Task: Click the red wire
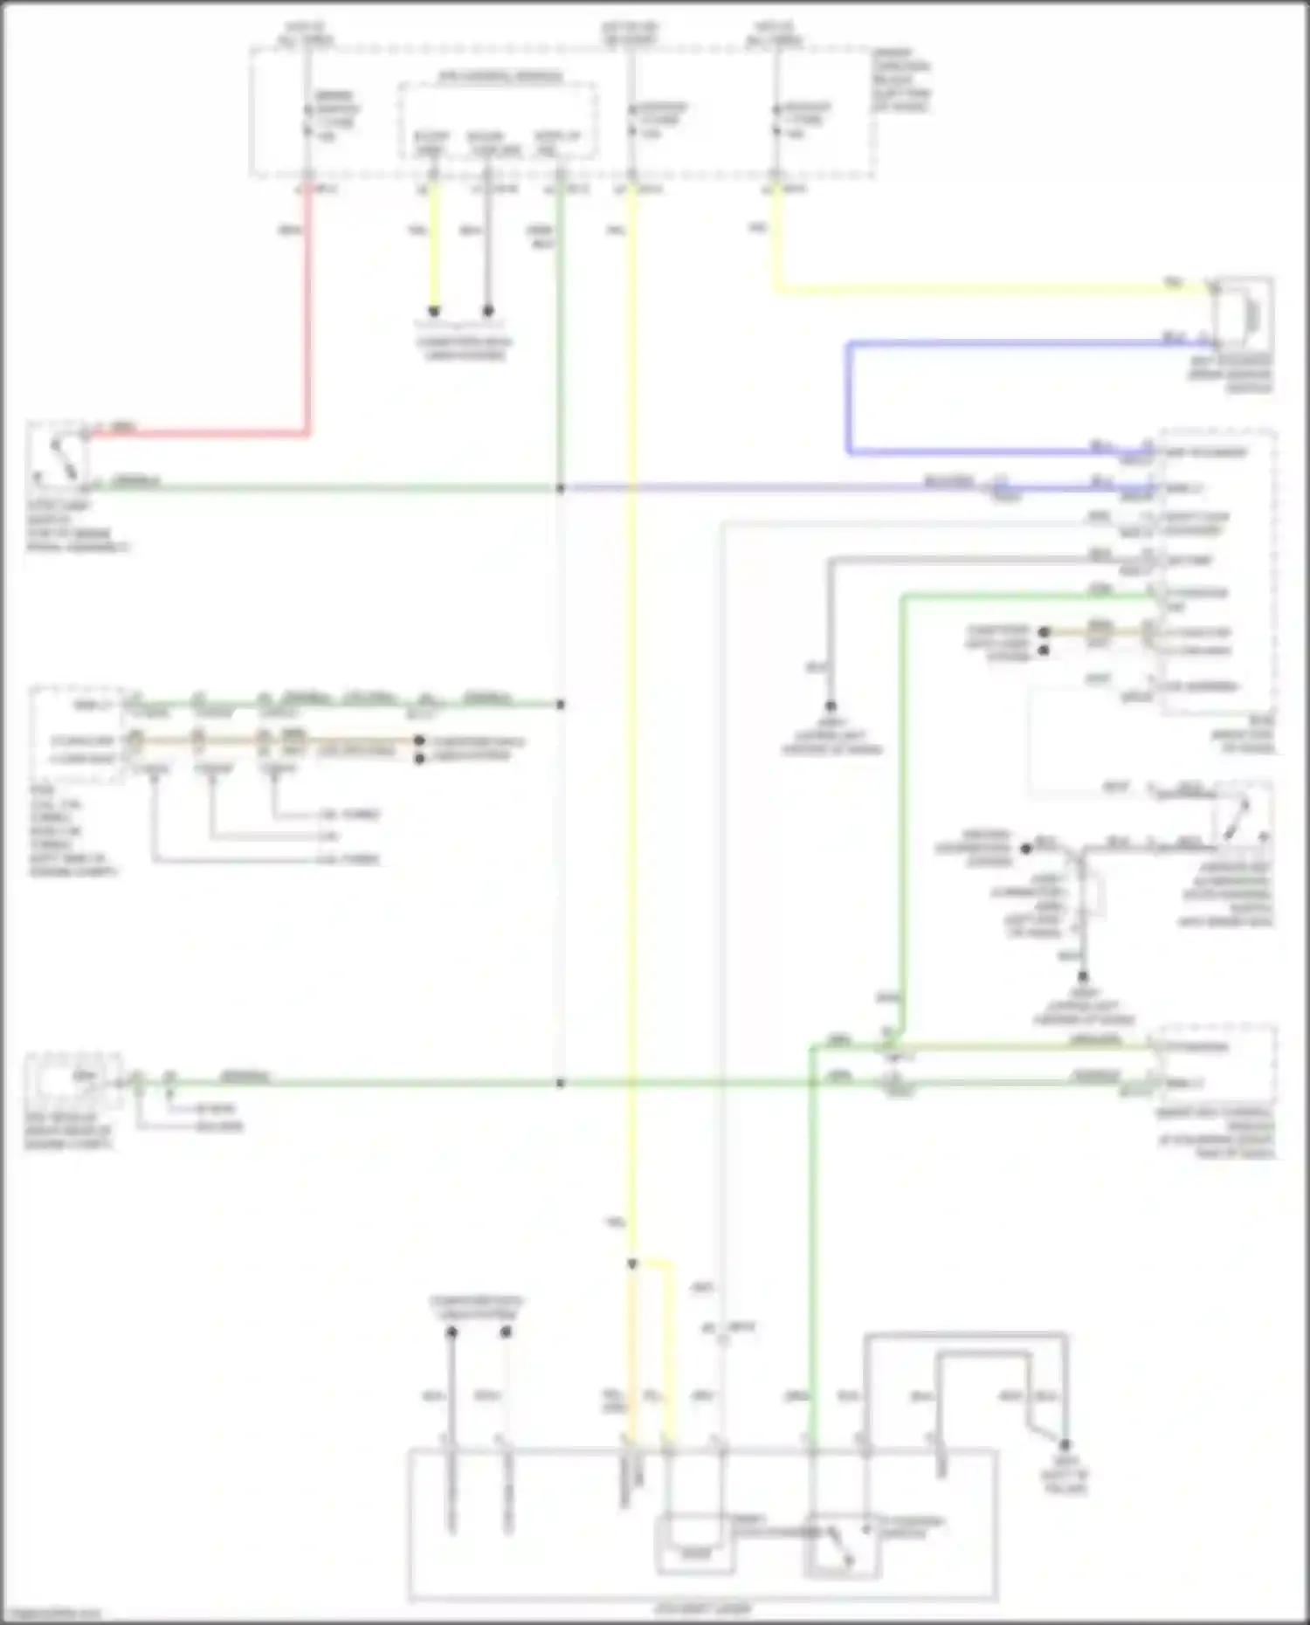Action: click(307, 332)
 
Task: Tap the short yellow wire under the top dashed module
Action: click(434, 253)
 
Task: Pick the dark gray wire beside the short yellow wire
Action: click(488, 253)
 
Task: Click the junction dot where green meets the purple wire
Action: click(561, 487)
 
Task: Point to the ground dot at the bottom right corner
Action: click(1065, 1445)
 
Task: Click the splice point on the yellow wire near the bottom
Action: click(632, 1264)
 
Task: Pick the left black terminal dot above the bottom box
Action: click(452, 1332)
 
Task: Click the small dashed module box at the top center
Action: click(497, 120)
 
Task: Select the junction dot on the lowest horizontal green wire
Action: click(561, 1084)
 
